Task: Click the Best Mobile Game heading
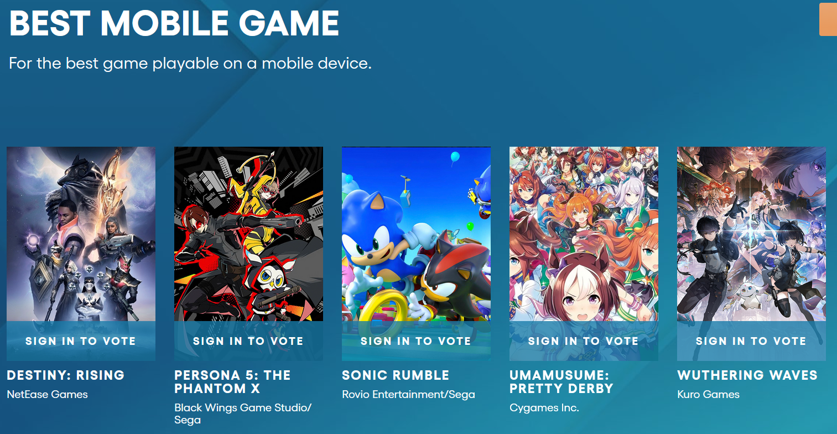[174, 23]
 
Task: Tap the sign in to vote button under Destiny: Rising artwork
[81, 341]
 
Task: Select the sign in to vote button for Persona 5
[248, 341]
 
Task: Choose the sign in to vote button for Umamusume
[584, 341]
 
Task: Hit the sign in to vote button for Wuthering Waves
[751, 341]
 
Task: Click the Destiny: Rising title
[66, 375]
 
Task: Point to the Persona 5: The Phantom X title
[232, 382]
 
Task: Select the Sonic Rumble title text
[396, 375]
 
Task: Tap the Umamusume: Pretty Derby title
[562, 382]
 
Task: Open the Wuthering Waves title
[747, 375]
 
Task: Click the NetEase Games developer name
[48, 394]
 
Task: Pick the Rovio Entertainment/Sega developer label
[408, 394]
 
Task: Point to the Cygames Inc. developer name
[544, 407]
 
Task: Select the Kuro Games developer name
[709, 394]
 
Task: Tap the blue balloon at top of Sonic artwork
[455, 157]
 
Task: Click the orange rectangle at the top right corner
[828, 19]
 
